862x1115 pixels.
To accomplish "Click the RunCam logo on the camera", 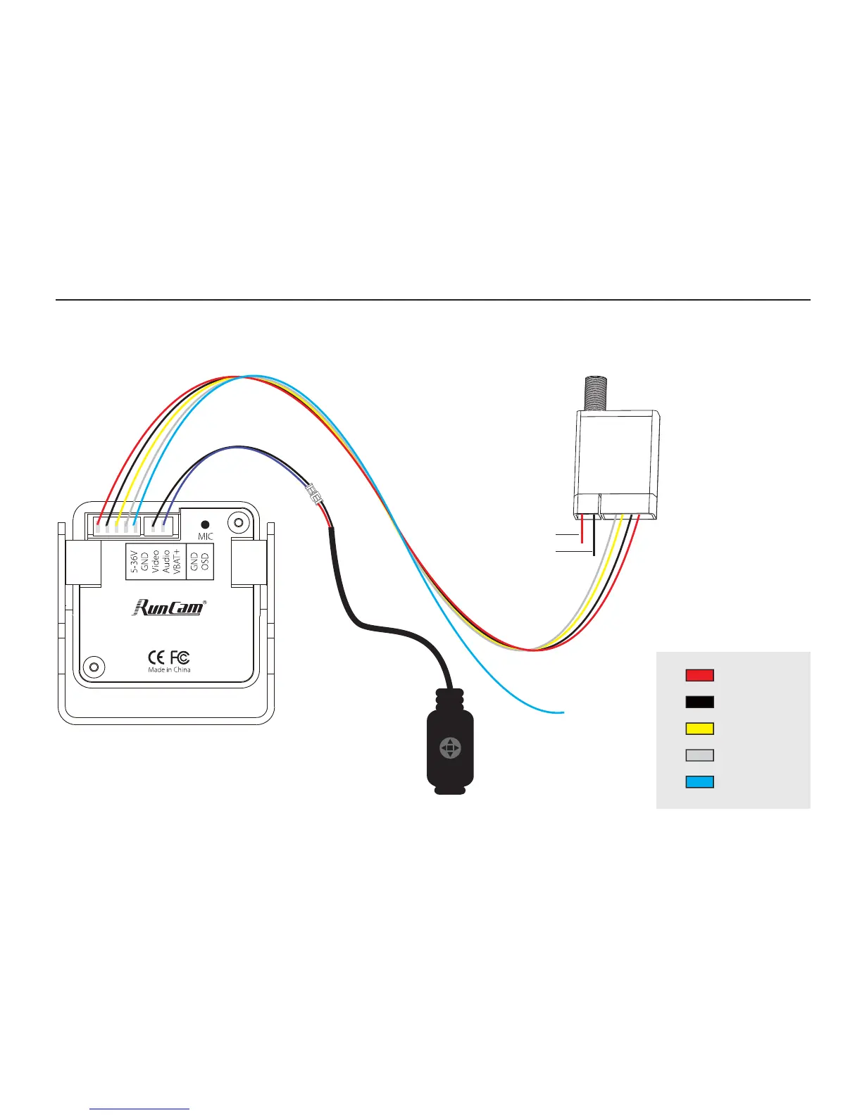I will [169, 607].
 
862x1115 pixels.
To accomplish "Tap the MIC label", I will [205, 536].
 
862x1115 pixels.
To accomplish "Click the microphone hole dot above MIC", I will [204, 524].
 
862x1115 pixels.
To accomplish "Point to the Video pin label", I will [156, 562].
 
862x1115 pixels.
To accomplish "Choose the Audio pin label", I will [166, 562].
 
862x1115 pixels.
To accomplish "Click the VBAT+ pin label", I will [177, 562].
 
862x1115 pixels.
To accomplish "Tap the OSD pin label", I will [205, 562].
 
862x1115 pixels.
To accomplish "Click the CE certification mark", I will [156, 657].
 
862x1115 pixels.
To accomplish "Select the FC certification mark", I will [180, 657].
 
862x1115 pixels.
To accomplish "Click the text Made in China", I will [169, 669].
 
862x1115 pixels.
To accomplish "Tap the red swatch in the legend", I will [699, 675].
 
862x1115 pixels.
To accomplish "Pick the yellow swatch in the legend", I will [699, 729].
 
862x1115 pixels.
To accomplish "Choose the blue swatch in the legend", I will [699, 782].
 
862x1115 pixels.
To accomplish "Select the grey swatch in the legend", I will [699, 755].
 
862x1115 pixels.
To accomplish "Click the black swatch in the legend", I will [699, 702].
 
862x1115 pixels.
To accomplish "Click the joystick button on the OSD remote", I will [450, 748].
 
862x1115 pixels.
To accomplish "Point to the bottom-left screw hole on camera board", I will [92, 666].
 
